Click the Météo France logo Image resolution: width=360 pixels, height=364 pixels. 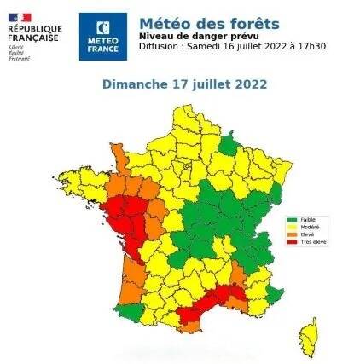click(102, 36)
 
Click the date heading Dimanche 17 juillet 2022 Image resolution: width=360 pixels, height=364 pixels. click(184, 84)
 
